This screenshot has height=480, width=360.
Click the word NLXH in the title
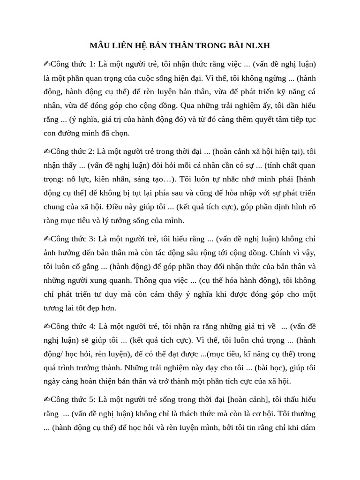(258, 45)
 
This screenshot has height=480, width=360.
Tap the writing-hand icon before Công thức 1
(47, 64)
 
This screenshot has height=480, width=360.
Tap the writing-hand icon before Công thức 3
(47, 239)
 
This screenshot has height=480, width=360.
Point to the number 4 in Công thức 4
(93, 326)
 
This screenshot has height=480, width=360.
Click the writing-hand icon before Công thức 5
(47, 400)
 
